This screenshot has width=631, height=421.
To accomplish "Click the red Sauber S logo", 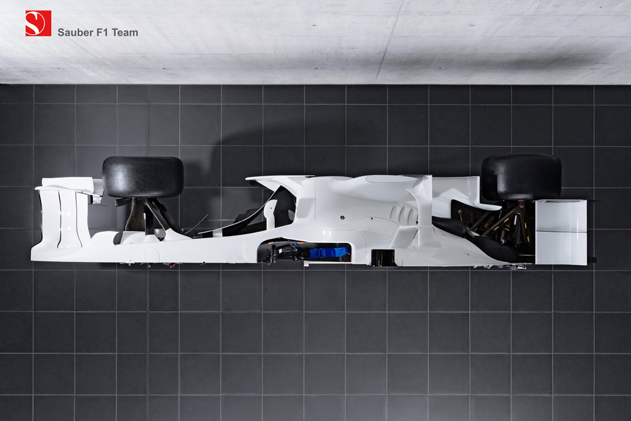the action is [38, 23].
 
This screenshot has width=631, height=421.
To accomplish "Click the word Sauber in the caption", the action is [76, 33].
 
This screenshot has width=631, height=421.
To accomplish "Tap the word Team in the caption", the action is [124, 33].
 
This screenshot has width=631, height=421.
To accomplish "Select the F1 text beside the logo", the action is [103, 33].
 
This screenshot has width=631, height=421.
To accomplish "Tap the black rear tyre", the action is [521, 177].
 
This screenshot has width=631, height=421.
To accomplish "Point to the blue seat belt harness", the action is [328, 252].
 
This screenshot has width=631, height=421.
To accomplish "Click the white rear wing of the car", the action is [561, 232].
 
